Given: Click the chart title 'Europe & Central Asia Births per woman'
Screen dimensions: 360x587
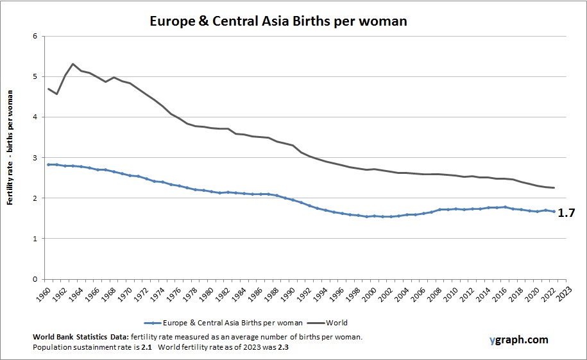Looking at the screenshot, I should (278, 21).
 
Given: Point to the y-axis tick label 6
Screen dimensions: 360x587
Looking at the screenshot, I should (35, 36).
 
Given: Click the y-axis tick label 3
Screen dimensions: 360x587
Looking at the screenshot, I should (35, 158).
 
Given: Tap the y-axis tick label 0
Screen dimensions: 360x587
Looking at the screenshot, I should (35, 279).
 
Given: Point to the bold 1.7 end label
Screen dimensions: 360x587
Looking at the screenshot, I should (565, 213).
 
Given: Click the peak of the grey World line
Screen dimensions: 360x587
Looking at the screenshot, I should (72, 64).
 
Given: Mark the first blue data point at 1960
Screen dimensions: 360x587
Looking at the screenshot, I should (48, 165).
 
